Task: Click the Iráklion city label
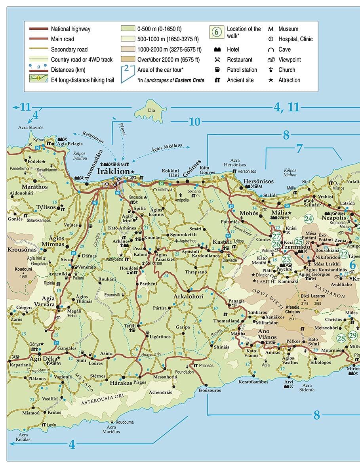113,171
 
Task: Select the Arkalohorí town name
189,296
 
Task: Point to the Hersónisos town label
258,181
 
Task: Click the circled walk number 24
309,218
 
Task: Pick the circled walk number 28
341,338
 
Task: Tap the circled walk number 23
286,260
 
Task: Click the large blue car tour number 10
194,122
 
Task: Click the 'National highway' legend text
70,29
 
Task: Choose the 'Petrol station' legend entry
242,70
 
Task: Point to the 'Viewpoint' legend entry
289,59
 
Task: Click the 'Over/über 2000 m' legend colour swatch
127,59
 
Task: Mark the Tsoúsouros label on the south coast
208,391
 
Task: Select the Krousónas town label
22,250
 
